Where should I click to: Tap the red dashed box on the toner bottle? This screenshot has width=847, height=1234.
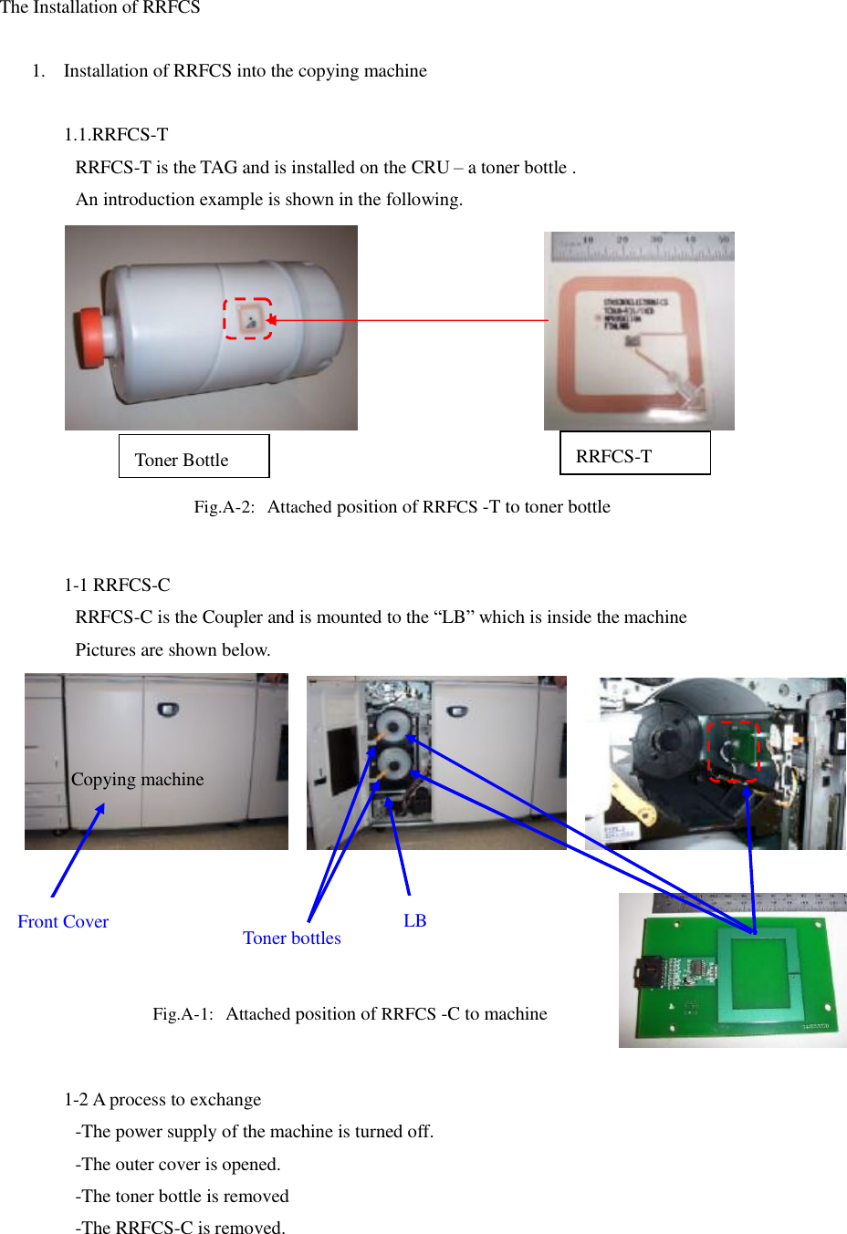tap(247, 318)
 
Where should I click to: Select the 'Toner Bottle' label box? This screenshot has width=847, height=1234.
tap(193, 456)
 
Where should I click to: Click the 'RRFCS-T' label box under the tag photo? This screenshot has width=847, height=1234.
tap(634, 453)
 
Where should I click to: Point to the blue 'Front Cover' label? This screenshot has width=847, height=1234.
tap(63, 922)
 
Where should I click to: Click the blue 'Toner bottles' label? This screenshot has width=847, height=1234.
tap(292, 938)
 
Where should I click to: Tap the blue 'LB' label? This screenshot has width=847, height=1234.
tap(415, 921)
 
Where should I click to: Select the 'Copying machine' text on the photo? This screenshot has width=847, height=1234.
tap(138, 780)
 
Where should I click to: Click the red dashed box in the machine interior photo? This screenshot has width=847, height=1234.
tap(734, 751)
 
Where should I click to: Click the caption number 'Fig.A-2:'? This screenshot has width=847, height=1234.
tap(224, 507)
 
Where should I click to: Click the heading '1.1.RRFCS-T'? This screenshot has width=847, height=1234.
tap(116, 135)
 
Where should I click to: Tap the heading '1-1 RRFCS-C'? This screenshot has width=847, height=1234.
tap(117, 586)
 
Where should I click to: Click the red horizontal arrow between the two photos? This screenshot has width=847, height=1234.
tap(411, 320)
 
